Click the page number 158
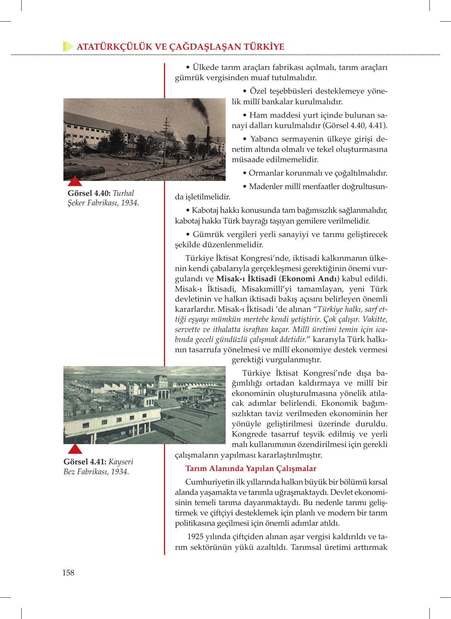coord(68,573)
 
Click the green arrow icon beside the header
coord(67,47)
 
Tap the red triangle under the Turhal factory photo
coord(75,181)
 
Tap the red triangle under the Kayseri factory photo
coord(75,449)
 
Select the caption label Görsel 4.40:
coord(89,193)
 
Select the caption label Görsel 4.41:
coord(85,462)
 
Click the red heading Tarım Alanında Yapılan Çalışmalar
coord(250,468)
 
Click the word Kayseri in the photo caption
coord(121,462)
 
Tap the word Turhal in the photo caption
coord(123,193)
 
